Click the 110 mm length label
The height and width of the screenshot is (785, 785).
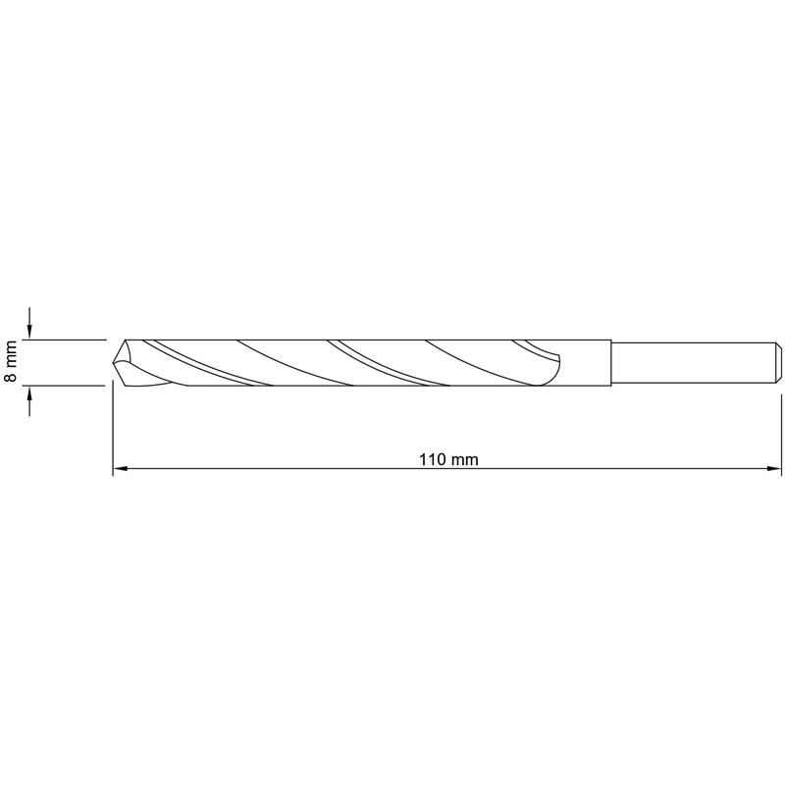pos(448,459)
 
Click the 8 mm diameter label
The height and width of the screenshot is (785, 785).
pos(11,360)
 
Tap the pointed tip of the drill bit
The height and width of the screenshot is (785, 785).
pos(113,361)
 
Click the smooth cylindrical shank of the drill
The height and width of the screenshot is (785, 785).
pos(696,363)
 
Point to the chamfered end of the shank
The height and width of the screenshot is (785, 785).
pos(778,363)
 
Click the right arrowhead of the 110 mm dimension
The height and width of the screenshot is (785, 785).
pos(773,469)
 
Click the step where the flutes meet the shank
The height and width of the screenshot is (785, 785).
pos(611,363)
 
